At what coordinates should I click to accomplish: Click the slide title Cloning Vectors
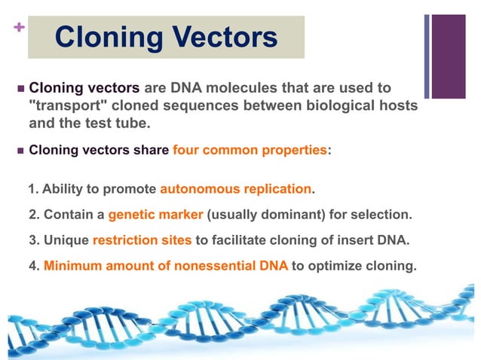coord(167,37)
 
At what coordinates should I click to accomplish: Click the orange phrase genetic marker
coord(155,215)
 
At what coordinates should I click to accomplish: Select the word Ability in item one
coord(62,188)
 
